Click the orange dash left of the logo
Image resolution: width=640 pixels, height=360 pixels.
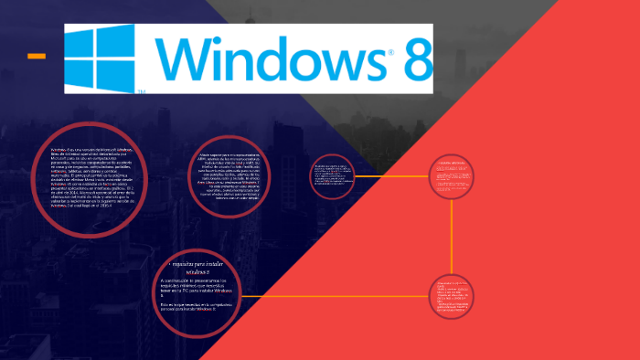(37, 57)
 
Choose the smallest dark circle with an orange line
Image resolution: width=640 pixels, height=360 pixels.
(332, 176)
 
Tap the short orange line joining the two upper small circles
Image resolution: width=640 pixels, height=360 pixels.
(391, 176)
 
